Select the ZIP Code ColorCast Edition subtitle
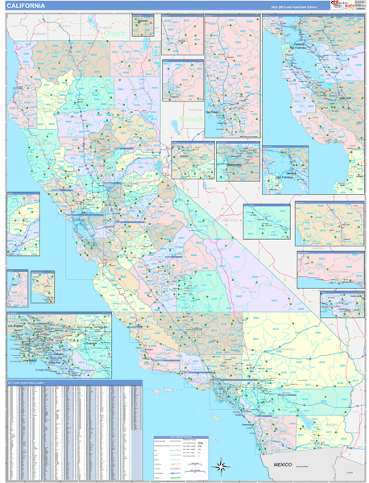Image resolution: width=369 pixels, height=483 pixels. tap(294, 6)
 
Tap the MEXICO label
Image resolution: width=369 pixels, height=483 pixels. tap(283, 465)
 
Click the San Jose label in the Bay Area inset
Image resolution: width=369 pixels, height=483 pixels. tap(346, 97)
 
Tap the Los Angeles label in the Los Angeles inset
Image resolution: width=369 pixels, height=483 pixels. tap(48, 338)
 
